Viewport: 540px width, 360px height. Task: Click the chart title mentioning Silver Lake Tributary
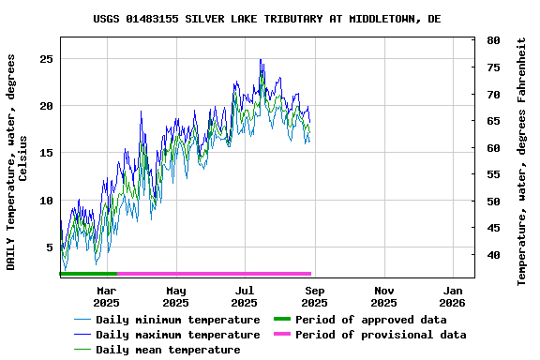(x=280, y=19)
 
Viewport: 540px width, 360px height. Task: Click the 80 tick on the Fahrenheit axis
(x=493, y=40)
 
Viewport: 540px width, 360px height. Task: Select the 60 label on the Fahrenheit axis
(x=493, y=147)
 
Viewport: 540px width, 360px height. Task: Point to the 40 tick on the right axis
(x=493, y=254)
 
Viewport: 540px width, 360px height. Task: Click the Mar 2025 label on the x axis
(x=106, y=296)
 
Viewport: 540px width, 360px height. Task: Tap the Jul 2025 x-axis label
(x=245, y=296)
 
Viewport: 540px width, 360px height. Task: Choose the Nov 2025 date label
(x=383, y=296)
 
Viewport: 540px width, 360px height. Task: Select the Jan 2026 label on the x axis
(x=453, y=296)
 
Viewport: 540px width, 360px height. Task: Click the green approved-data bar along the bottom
(x=88, y=274)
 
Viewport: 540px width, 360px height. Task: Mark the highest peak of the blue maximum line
(x=261, y=59)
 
